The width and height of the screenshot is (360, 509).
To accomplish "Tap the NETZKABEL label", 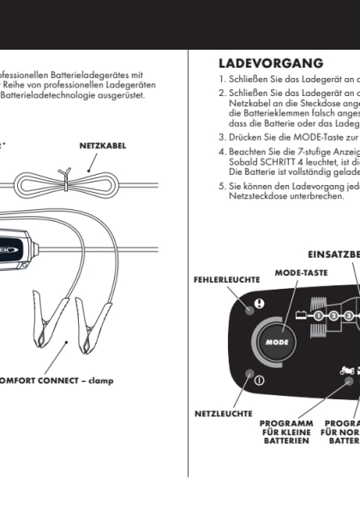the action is (103, 147).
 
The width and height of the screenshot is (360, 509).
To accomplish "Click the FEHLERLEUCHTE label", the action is (227, 279).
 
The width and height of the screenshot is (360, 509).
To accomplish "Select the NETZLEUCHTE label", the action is (223, 414).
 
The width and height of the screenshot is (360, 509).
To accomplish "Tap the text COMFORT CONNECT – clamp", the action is (55, 380).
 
